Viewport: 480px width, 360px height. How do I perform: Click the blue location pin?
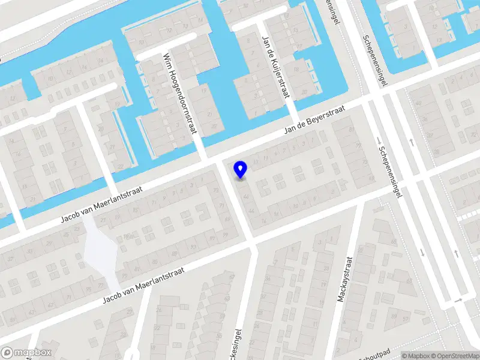tap(241, 170)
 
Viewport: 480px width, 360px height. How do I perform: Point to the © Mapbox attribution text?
tap(414, 356)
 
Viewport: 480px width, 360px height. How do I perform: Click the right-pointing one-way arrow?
tap(458, 299)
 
